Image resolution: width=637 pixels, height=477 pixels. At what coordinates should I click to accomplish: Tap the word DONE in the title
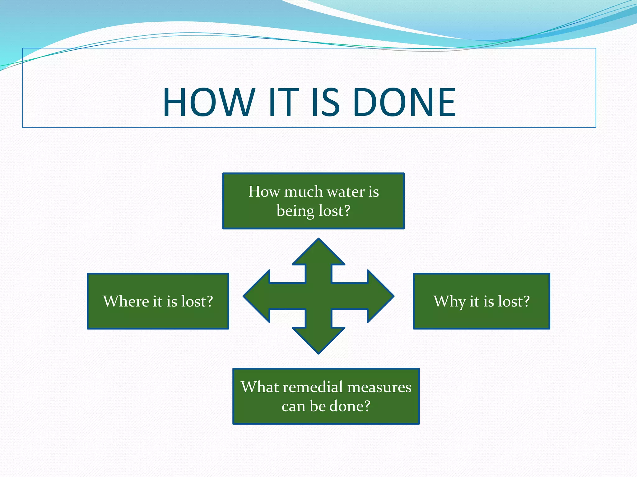click(404, 102)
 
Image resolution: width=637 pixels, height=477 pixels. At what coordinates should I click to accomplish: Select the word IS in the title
click(325, 102)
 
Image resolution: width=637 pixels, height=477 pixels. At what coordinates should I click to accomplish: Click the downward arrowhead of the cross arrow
click(318, 340)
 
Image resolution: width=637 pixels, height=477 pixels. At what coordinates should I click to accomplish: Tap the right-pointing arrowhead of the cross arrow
click(380, 296)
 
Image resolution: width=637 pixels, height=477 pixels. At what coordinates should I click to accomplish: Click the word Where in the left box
click(126, 301)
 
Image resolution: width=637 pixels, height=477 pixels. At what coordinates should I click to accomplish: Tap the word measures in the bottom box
click(379, 387)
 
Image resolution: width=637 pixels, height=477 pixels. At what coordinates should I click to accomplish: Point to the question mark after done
click(367, 406)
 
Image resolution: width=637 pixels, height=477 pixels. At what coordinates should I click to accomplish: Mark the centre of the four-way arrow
click(318, 296)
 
